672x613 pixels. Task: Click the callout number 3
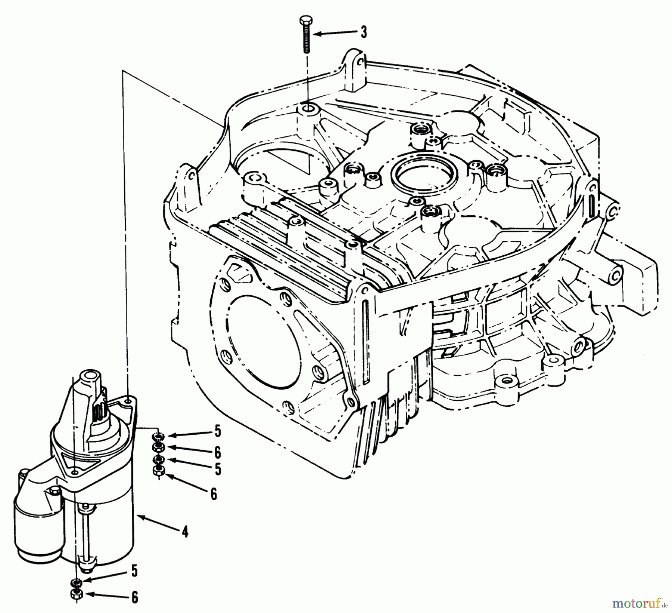(363, 32)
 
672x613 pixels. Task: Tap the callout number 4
(185, 531)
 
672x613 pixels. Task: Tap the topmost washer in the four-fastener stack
(158, 436)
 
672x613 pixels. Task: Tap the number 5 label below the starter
(134, 571)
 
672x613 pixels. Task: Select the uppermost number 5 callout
(218, 432)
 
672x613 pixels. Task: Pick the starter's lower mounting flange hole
(75, 473)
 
